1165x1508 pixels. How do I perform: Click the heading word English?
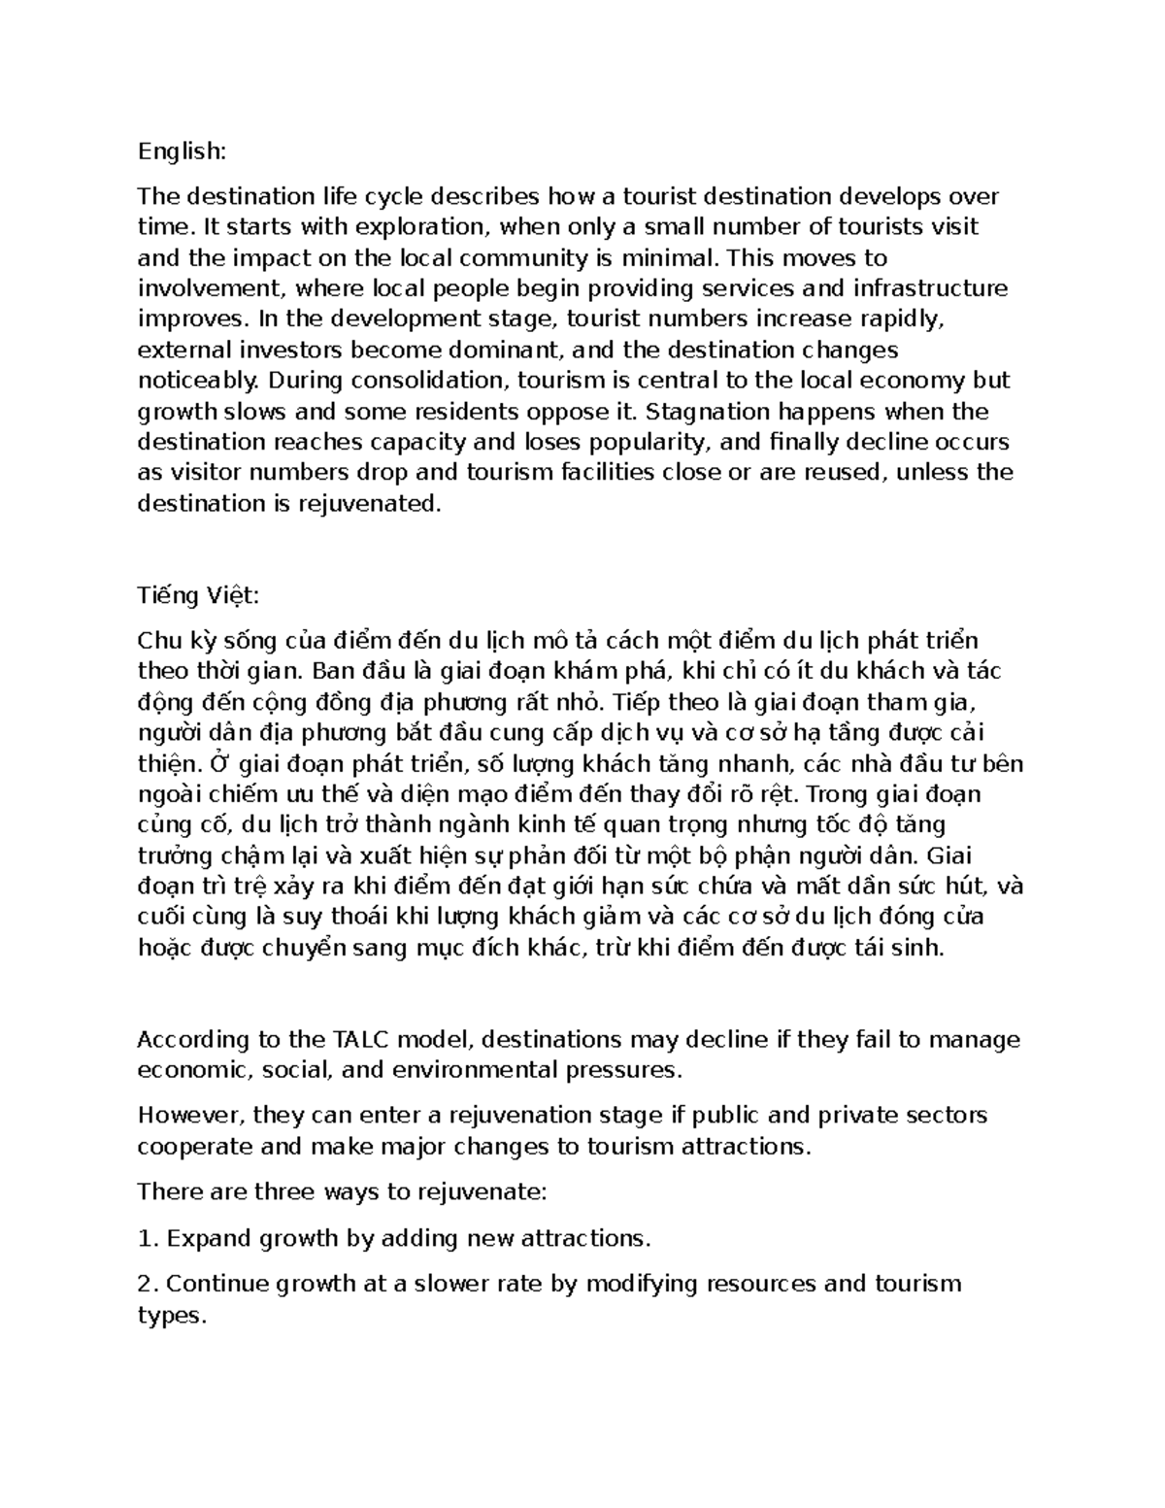(182, 151)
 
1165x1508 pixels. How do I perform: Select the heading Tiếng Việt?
(198, 595)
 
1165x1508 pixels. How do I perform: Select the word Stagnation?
(715, 412)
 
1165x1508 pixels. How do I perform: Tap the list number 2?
(148, 1285)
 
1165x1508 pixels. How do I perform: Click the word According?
(192, 1040)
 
